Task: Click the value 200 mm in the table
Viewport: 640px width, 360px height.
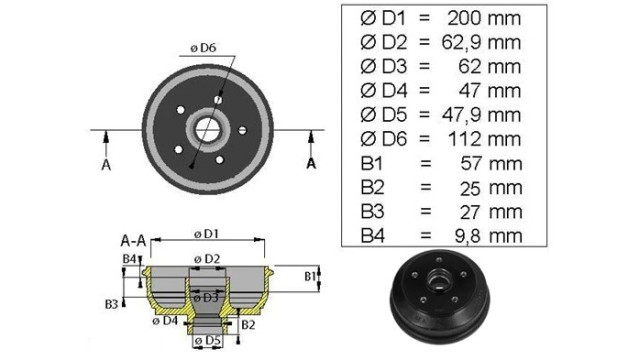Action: (484, 18)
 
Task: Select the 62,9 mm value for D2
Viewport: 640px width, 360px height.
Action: (481, 42)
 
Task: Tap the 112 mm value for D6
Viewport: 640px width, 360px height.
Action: (484, 139)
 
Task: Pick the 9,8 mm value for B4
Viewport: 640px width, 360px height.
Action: (488, 236)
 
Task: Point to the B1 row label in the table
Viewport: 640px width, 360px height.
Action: (371, 163)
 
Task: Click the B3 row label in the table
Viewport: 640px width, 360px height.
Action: (372, 211)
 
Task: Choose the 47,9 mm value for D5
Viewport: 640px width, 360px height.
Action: (481, 115)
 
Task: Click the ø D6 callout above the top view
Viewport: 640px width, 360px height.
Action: (203, 48)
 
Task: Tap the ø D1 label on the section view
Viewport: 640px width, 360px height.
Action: (206, 234)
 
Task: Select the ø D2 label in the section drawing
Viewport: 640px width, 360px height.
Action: (207, 259)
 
